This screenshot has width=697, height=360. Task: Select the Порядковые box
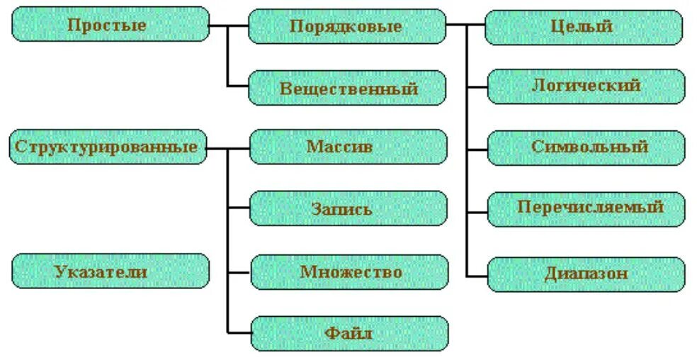347,26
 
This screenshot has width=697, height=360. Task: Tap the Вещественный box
347,88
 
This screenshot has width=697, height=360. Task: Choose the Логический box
586,86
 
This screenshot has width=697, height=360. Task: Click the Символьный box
586,147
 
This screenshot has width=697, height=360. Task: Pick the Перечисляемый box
586,208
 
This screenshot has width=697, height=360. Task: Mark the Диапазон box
586,274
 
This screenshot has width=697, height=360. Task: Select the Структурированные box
108,147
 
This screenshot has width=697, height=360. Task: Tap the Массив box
348,147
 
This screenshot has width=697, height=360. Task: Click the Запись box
348,209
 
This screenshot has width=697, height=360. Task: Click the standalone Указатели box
110,271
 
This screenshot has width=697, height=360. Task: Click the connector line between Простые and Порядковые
229,26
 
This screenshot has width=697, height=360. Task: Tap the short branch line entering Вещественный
238,86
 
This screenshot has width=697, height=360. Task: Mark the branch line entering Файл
239,333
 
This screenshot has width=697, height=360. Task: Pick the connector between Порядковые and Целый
465,26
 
